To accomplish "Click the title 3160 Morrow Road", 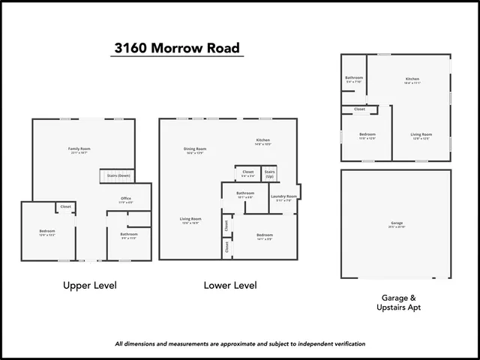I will pos(177,49).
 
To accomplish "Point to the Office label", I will pos(126,199).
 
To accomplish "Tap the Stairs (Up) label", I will pos(269,173).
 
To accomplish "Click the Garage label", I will pos(396,223).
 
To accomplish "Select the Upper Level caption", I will pos(90,286).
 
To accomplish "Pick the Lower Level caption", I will pos(230,286).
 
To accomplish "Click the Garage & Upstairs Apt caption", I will pos(395,302).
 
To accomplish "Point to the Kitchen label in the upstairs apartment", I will pos(412,79).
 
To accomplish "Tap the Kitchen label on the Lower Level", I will pos(262,140).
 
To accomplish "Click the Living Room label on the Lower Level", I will pos(190,219).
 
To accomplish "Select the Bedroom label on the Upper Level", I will pos(47,230).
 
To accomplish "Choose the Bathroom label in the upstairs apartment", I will pos(354,78).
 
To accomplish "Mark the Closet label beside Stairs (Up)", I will pos(248,172).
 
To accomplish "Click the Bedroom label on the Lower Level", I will pos(263,237).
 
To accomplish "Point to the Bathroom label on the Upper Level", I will pos(128,234).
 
